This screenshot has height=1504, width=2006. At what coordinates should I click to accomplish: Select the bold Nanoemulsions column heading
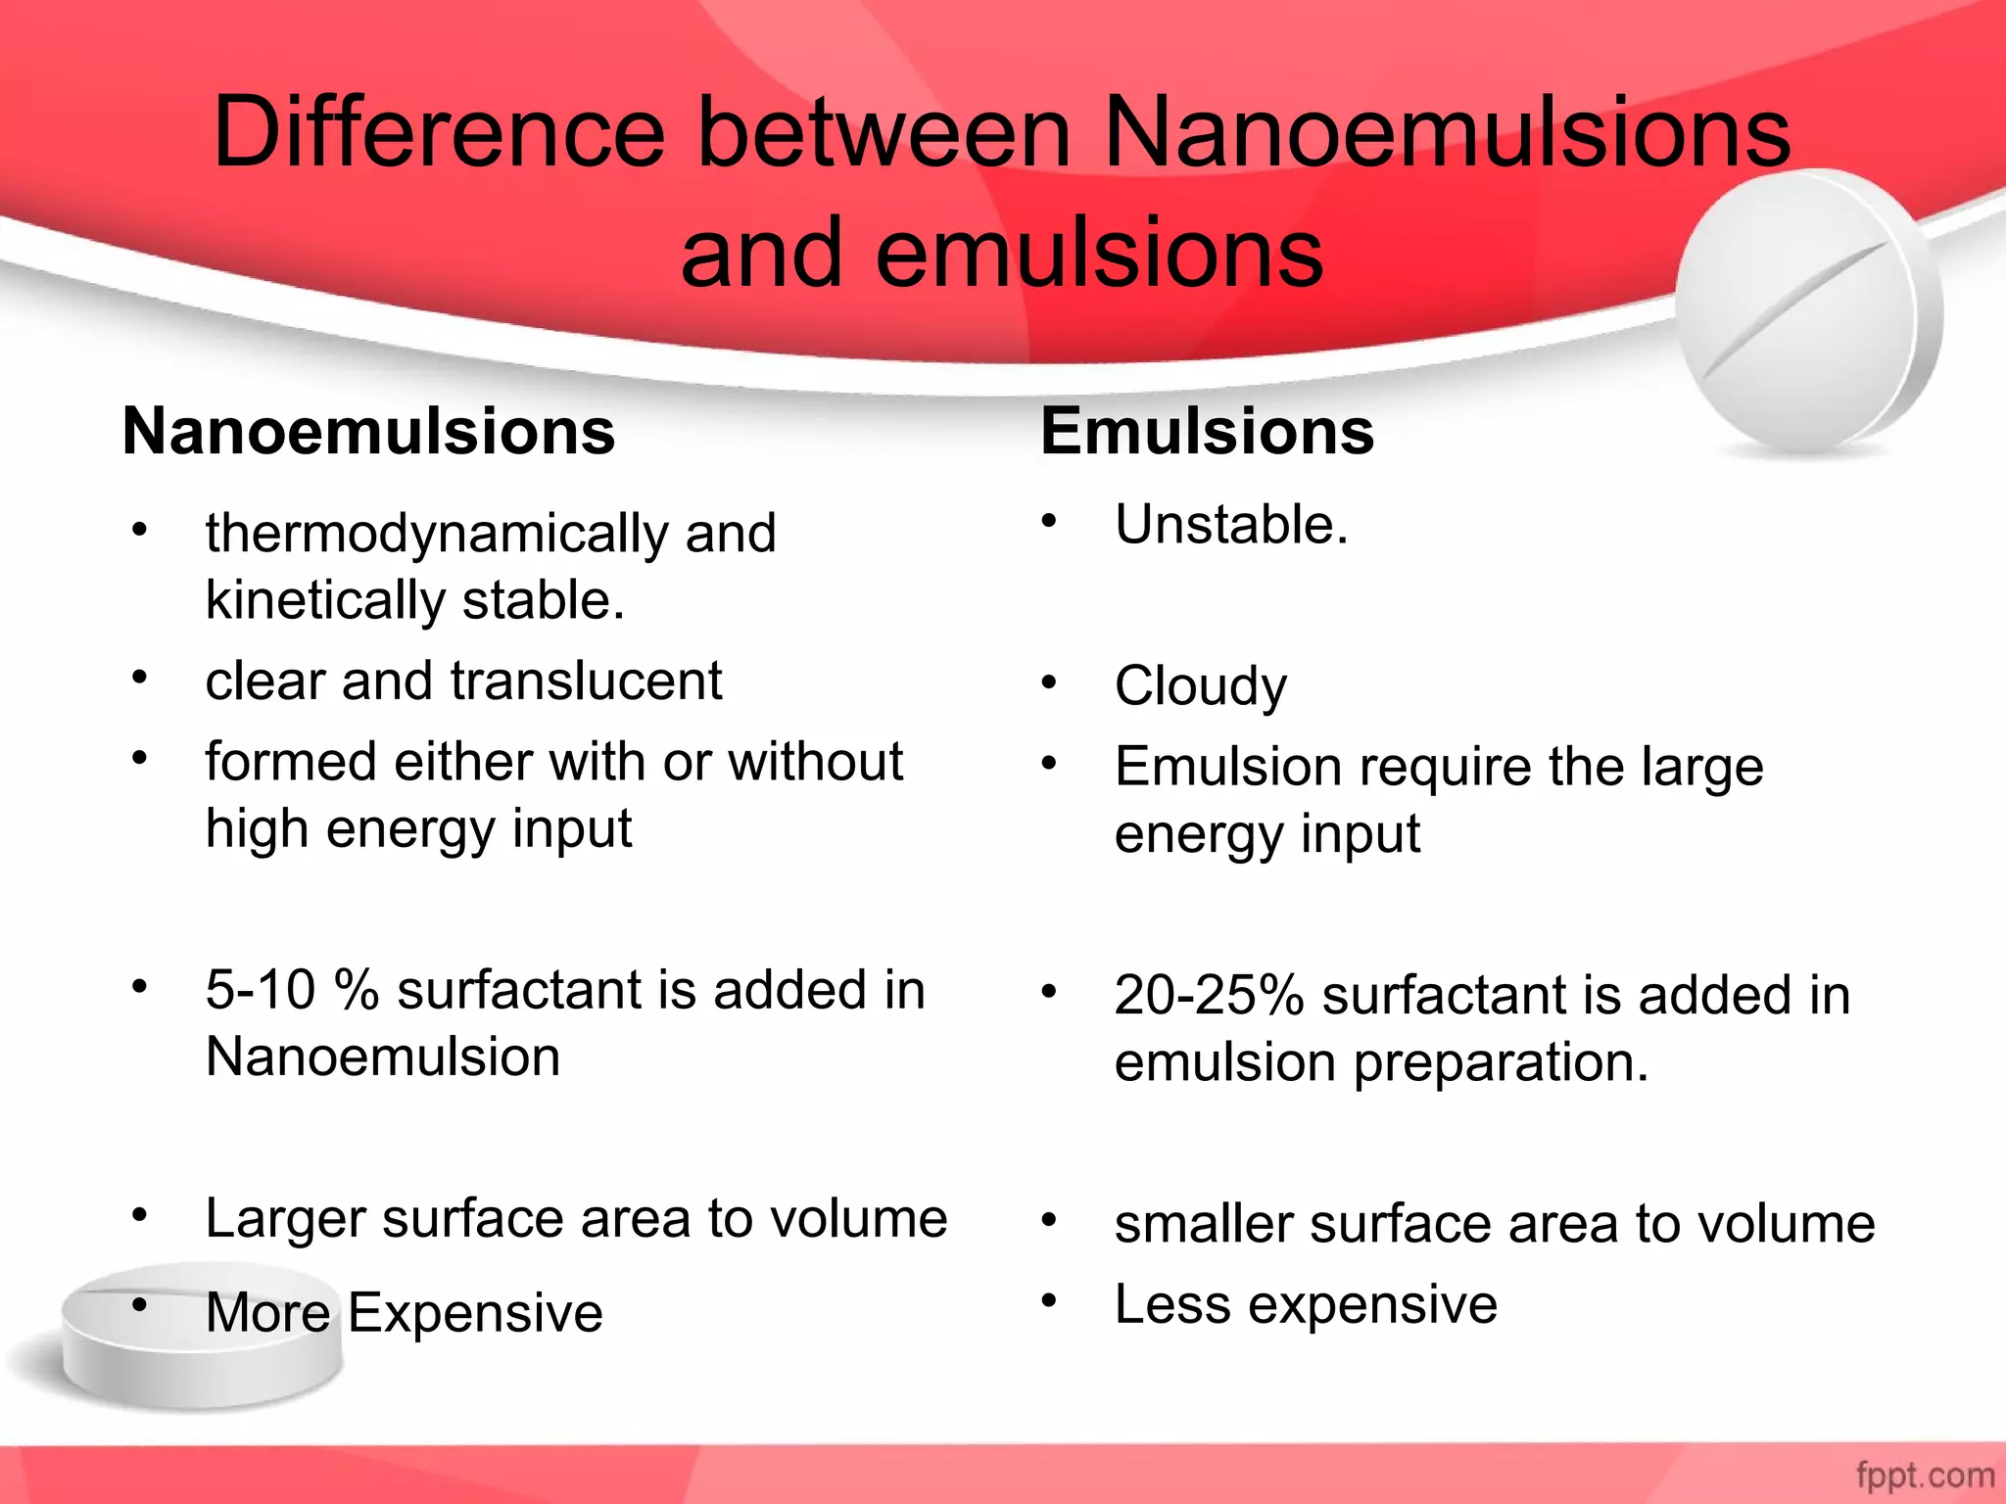pyautogui.click(x=368, y=432)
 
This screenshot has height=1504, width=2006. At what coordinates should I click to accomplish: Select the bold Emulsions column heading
pyautogui.click(x=1207, y=432)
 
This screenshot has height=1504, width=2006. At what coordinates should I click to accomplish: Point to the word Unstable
pyautogui.click(x=1230, y=525)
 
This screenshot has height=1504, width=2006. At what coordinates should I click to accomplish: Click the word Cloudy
pyautogui.click(x=1201, y=686)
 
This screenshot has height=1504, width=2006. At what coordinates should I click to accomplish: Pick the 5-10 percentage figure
pyautogui.click(x=260, y=990)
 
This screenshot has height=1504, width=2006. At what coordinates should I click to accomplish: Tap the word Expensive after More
pyautogui.click(x=475, y=1313)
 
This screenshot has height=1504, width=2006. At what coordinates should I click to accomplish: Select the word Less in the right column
pyautogui.click(x=1172, y=1305)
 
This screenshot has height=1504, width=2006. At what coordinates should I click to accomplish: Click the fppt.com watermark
pyautogui.click(x=1925, y=1475)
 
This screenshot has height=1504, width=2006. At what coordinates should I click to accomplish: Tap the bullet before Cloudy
pyautogui.click(x=1049, y=681)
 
